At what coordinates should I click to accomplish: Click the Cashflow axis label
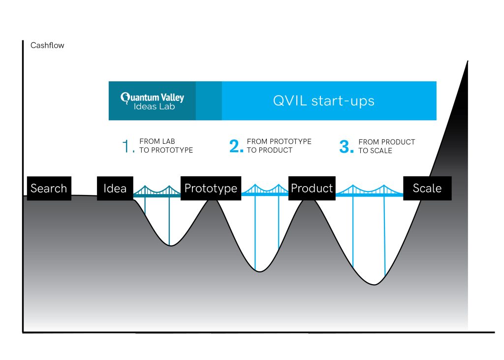coord(47,45)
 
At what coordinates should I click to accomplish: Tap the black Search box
coord(49,188)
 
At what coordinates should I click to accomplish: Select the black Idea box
coord(115,188)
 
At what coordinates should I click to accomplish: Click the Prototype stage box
coord(211,188)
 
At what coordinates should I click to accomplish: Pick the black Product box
coord(312,188)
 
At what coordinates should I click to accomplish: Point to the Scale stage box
coord(427,188)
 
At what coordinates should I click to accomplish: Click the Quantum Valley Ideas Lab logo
coord(153,100)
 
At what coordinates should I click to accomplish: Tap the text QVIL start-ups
coord(324,101)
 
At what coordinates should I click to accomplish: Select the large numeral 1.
coord(127,146)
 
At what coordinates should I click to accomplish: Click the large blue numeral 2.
coord(236,146)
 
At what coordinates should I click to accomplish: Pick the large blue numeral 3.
coord(346,146)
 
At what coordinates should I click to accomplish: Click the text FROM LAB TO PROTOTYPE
coord(166,146)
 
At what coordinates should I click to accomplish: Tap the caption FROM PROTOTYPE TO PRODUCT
coord(279,146)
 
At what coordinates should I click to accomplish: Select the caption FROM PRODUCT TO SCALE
coord(386,146)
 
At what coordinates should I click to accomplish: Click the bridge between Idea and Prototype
coord(157,192)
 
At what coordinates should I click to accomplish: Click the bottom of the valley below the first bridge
coord(170,245)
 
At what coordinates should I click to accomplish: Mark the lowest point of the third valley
coord(375,284)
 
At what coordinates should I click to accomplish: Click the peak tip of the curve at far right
coord(467,61)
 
